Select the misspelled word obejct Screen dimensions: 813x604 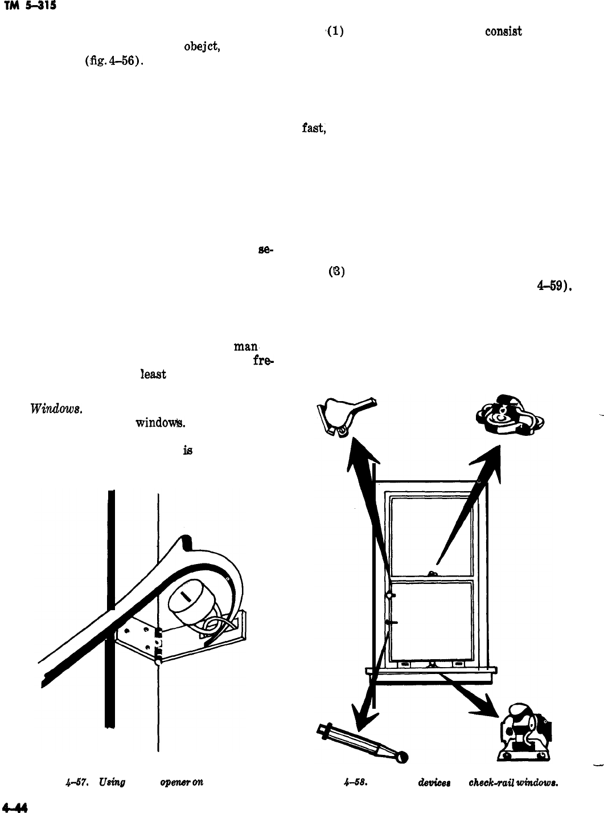(199, 47)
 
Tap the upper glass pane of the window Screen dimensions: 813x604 (430, 536)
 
